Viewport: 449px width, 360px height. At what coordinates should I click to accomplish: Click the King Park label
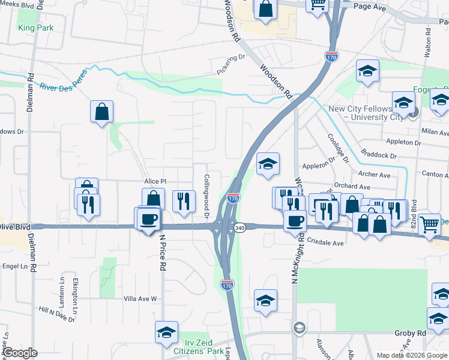(x=35, y=28)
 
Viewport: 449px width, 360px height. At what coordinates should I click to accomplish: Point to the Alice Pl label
(x=154, y=181)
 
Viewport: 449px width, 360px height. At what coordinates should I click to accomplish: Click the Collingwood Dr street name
(x=206, y=196)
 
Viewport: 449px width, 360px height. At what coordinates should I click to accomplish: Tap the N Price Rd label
(x=161, y=251)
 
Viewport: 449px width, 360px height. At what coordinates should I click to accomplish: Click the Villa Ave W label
(x=139, y=299)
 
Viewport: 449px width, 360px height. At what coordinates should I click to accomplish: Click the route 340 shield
(x=240, y=228)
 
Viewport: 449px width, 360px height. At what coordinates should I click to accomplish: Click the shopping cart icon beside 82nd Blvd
(x=429, y=224)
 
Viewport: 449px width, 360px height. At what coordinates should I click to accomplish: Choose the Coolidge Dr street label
(x=337, y=148)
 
